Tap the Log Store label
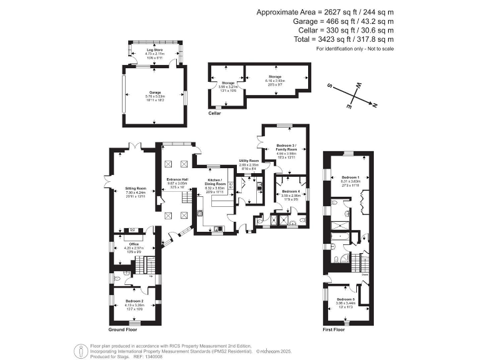(154, 49)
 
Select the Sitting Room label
(136, 187)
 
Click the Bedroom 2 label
(134, 301)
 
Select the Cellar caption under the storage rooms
(214, 114)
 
